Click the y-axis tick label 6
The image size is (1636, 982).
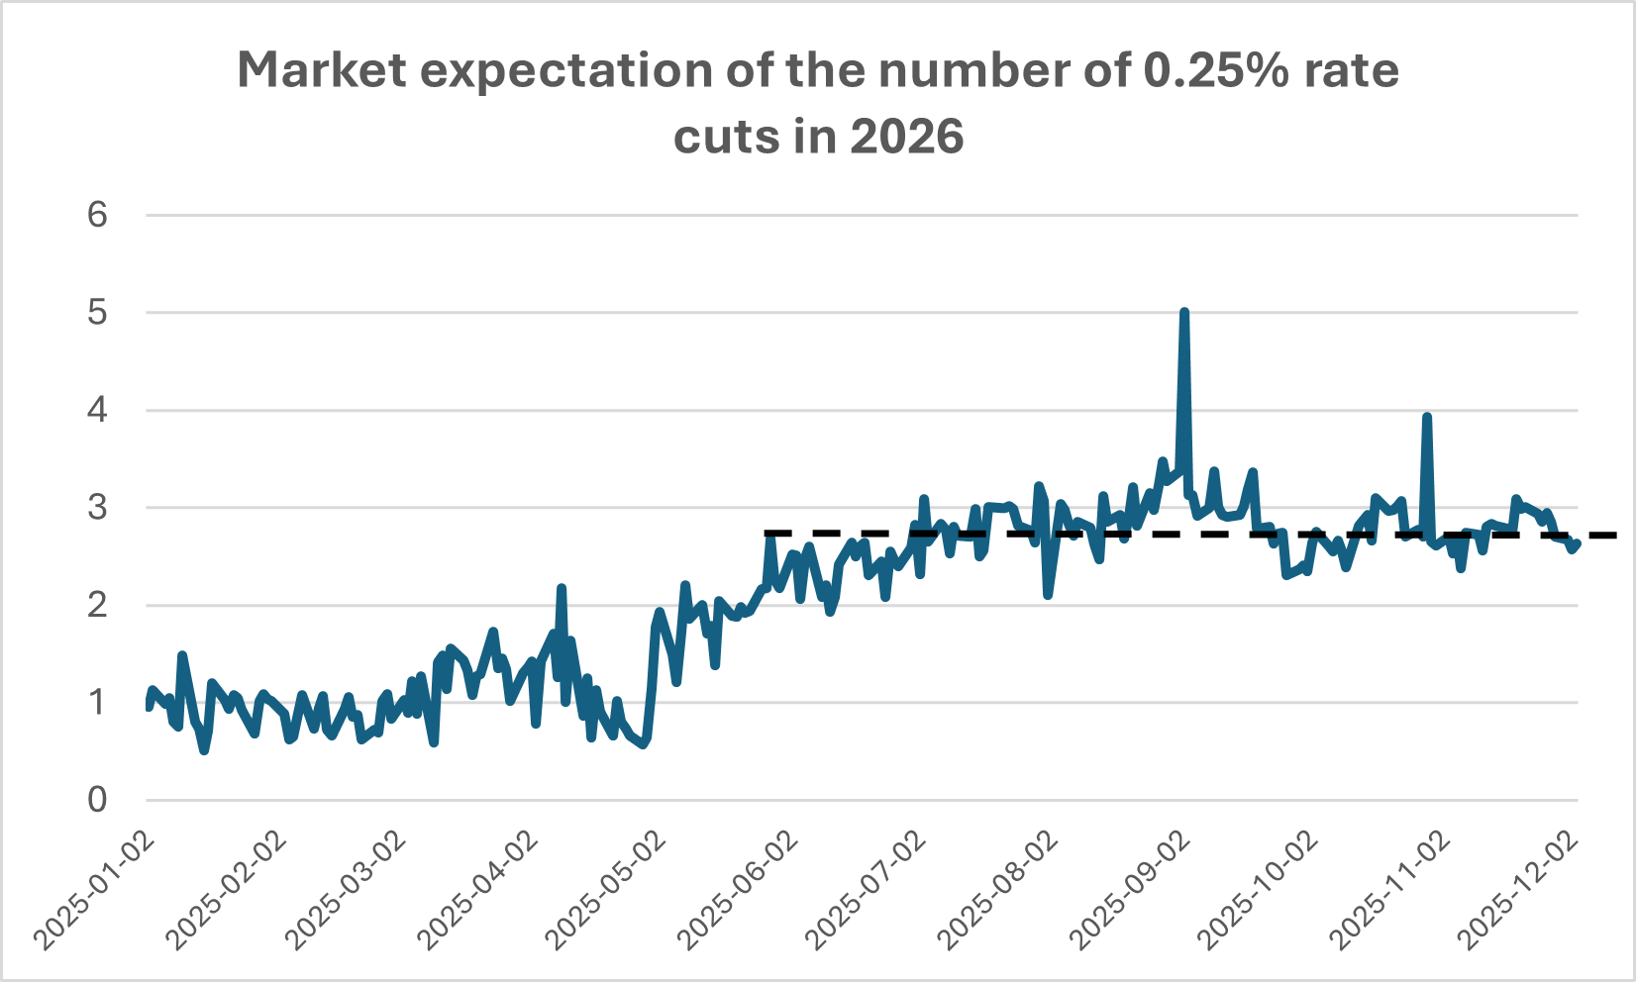tap(97, 215)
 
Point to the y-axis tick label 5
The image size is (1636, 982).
tap(97, 313)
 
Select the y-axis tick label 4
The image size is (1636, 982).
tap(97, 410)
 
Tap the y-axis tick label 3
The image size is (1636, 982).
tap(97, 508)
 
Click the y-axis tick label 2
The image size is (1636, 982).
tap(97, 605)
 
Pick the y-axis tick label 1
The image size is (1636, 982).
tap(97, 703)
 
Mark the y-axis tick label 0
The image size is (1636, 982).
tap(97, 800)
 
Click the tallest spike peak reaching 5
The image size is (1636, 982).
tap(1184, 312)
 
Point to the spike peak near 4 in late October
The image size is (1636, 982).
tap(1427, 417)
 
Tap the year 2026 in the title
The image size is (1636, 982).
tap(906, 137)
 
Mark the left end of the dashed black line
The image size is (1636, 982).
tap(767, 533)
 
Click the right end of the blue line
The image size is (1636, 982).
tap(1577, 542)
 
